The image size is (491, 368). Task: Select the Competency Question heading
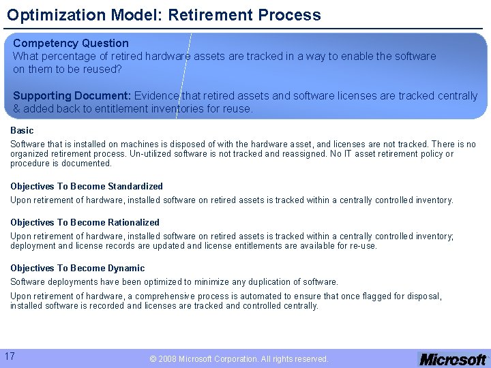(x=70, y=43)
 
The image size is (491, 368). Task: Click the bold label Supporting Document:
(x=72, y=95)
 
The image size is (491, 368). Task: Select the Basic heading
(x=22, y=130)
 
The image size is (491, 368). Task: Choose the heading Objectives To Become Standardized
(x=87, y=186)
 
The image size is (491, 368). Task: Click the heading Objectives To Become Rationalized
(x=85, y=222)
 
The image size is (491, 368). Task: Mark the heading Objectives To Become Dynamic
(x=77, y=268)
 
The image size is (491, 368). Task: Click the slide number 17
(x=10, y=356)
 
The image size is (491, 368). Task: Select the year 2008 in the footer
(x=167, y=358)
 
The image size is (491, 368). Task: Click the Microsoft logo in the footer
(x=452, y=359)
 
